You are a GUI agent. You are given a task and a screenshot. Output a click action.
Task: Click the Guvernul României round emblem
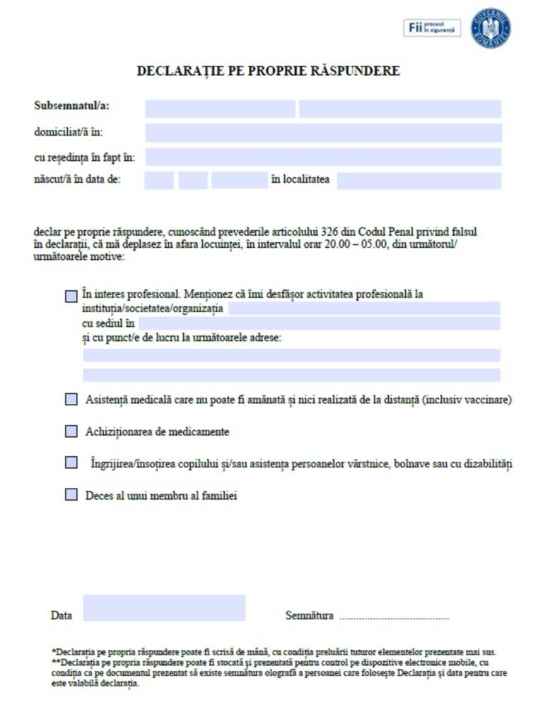(x=490, y=28)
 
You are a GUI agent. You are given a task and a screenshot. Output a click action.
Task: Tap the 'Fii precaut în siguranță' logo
(x=432, y=28)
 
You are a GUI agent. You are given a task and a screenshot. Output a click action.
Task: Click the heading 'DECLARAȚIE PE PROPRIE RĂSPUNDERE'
(x=268, y=71)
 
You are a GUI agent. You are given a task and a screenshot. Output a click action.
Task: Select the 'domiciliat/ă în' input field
(x=323, y=133)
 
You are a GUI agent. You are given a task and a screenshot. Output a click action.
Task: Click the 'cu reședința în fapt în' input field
(x=323, y=157)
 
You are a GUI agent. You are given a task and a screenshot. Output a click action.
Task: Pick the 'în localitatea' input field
(x=419, y=181)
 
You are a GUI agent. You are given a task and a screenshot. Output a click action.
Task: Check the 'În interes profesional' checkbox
(x=71, y=297)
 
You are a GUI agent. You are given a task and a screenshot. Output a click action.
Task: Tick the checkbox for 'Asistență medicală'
(x=71, y=400)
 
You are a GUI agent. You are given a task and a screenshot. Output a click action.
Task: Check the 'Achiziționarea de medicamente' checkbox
(x=71, y=431)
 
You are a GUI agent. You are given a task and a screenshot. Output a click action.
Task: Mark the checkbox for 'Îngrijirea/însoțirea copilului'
(x=71, y=462)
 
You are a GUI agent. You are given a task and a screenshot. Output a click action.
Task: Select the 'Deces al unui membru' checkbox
(x=71, y=495)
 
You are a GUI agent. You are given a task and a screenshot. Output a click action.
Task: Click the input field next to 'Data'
(x=164, y=608)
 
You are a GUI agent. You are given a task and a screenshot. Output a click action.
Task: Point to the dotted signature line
(x=394, y=618)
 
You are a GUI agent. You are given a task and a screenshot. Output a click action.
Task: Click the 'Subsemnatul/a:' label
(x=71, y=107)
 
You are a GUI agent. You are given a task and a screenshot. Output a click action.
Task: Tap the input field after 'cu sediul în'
(x=319, y=323)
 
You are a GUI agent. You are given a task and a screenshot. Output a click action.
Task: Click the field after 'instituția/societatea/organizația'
(x=363, y=309)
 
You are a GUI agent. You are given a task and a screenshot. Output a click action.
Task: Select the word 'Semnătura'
(x=309, y=616)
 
